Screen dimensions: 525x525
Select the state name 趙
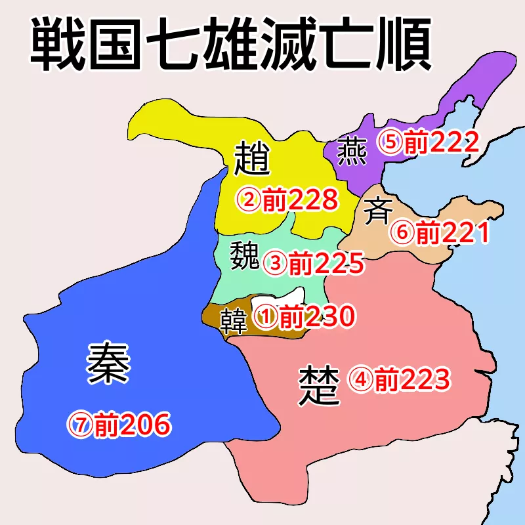252,158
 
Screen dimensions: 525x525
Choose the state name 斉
378,211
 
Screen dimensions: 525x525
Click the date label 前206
132,425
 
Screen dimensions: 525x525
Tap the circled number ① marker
266,318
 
